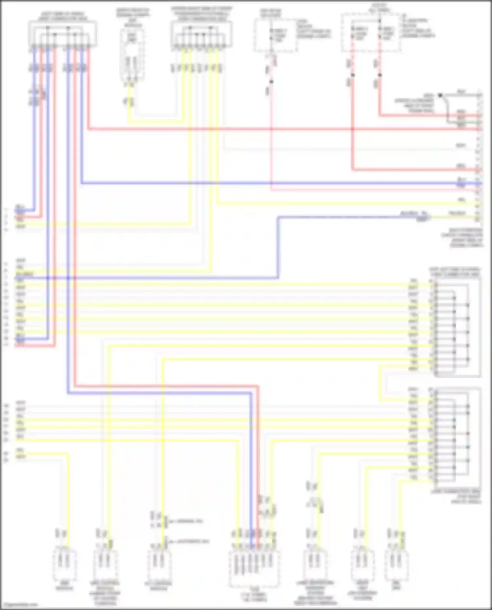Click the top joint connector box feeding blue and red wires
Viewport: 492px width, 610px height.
(62, 33)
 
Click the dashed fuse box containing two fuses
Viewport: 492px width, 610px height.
(371, 33)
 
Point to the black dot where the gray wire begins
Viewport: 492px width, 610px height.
(440, 95)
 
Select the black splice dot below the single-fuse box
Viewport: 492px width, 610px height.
(271, 81)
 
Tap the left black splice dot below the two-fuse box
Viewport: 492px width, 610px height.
(353, 75)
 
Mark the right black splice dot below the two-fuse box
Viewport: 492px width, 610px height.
(379, 75)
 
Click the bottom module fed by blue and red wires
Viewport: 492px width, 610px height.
(254, 568)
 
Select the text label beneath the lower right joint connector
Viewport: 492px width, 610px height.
(456, 496)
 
